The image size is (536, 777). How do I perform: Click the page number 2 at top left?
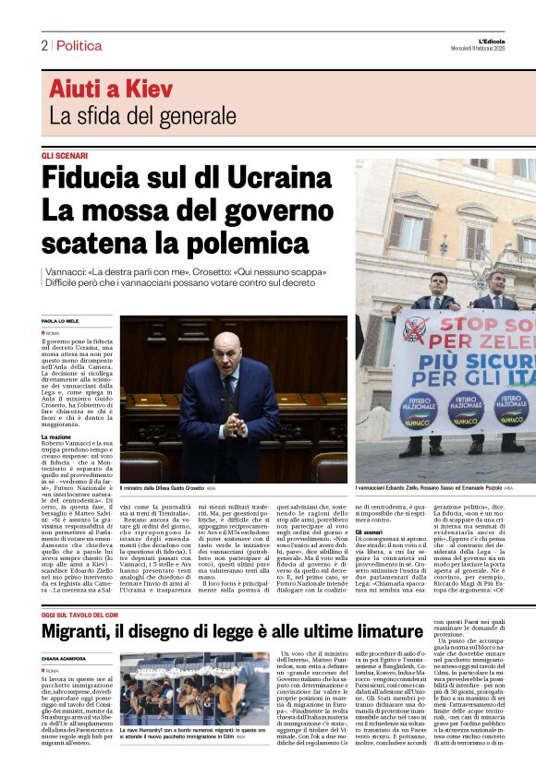pyautogui.click(x=43, y=45)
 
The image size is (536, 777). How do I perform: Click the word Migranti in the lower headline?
pyautogui.click(x=89, y=605)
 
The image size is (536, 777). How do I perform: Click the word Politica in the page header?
pyautogui.click(x=79, y=45)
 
